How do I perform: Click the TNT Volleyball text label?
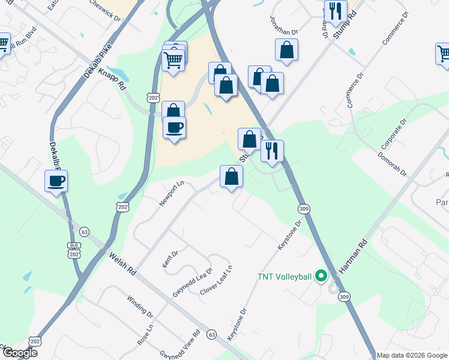[285, 277]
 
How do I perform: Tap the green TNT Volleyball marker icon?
[321, 277]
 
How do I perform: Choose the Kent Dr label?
[170, 260]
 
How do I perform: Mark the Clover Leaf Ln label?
[216, 280]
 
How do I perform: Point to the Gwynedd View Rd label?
[179, 344]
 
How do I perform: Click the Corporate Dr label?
[394, 133]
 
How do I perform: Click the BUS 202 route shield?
[74, 250]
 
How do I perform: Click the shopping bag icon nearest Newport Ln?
[232, 176]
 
